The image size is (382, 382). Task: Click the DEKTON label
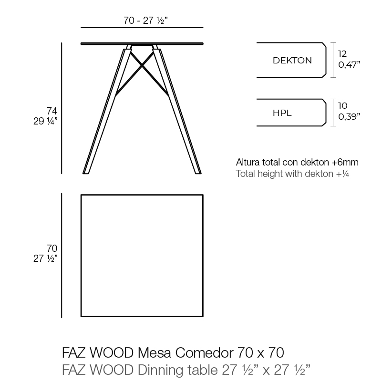[292, 61]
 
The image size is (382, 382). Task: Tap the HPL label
[282, 113]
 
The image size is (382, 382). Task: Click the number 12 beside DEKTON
[342, 53]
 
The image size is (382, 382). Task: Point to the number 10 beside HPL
[342, 105]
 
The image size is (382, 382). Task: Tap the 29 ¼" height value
[45, 121]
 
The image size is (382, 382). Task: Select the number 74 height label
[52, 111]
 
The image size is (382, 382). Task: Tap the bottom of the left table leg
[86, 172]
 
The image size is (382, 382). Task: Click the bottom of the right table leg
[197, 172]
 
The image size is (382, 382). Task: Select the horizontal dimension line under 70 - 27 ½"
[142, 28]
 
